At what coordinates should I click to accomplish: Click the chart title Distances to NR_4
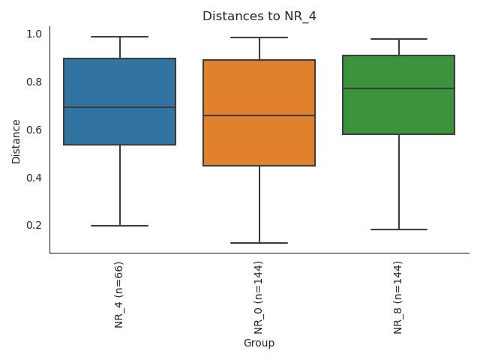pyautogui.click(x=259, y=16)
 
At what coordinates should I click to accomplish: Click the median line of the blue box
pyautogui.click(x=120, y=107)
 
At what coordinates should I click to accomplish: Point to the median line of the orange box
pyautogui.click(x=259, y=115)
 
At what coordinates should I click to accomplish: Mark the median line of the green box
pyautogui.click(x=398, y=88)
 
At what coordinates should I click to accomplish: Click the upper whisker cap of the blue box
pyautogui.click(x=120, y=37)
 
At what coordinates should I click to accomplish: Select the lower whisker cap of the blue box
pyautogui.click(x=120, y=226)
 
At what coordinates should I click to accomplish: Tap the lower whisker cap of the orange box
pyautogui.click(x=259, y=243)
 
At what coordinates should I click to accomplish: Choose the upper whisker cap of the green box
pyautogui.click(x=398, y=39)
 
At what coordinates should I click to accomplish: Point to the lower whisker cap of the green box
pyautogui.click(x=398, y=229)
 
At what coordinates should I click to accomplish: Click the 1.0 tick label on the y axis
pyautogui.click(x=34, y=34)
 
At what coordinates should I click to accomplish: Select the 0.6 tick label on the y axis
pyautogui.click(x=34, y=130)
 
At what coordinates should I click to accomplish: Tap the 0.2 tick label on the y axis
pyautogui.click(x=34, y=225)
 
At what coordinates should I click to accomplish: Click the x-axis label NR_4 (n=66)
pyautogui.click(x=119, y=294)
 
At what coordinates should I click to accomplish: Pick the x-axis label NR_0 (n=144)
pyautogui.click(x=259, y=297)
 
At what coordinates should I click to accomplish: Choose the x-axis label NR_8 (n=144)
pyautogui.click(x=398, y=297)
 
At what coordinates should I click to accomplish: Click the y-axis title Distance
pyautogui.click(x=16, y=140)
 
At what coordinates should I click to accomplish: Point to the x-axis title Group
pyautogui.click(x=259, y=343)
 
